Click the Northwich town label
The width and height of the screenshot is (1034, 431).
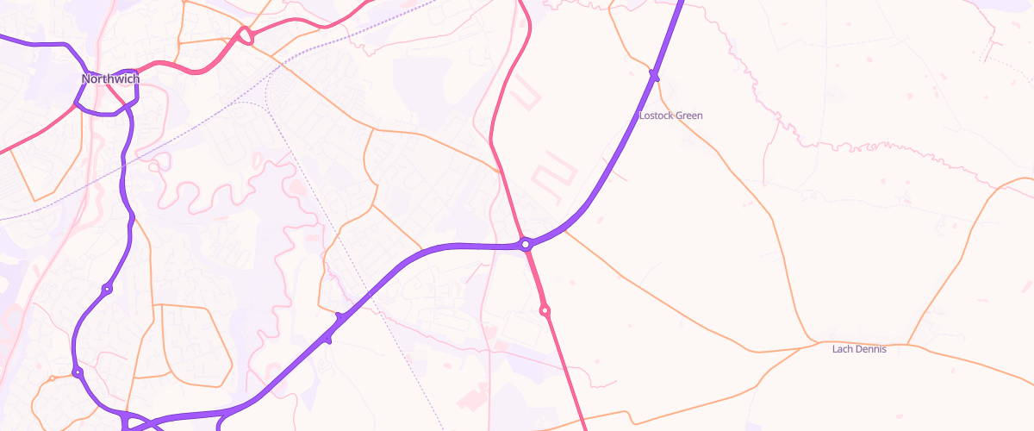tap(110, 79)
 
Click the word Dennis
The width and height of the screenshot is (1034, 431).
tap(870, 349)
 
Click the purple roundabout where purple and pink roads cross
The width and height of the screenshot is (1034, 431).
tap(526, 245)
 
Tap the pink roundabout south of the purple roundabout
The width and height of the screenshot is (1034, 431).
tap(545, 310)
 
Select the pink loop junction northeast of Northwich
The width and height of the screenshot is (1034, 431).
tap(246, 36)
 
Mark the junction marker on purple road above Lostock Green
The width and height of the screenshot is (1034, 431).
tap(654, 76)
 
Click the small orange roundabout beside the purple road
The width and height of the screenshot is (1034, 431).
tap(53, 378)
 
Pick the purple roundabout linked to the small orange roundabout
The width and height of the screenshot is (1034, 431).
tap(77, 372)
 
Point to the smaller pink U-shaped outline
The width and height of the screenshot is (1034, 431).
tap(524, 96)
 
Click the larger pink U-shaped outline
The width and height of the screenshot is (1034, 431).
tap(553, 176)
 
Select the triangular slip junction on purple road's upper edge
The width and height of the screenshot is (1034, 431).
tap(340, 318)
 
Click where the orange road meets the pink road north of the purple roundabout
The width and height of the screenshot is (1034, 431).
tap(498, 170)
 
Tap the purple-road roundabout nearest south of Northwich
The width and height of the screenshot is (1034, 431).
tap(107, 289)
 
